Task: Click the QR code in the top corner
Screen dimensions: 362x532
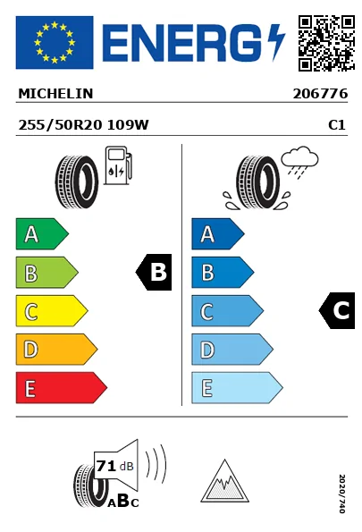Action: [x=326, y=43]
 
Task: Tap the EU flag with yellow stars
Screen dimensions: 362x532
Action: [x=55, y=42]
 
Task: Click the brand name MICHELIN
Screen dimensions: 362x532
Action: [x=55, y=94]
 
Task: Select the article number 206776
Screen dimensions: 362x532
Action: [x=320, y=94]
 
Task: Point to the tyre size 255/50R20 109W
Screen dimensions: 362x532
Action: [x=83, y=125]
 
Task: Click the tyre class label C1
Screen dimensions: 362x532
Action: [x=337, y=125]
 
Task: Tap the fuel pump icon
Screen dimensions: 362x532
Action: [x=118, y=165]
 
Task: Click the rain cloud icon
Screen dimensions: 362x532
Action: [x=299, y=162]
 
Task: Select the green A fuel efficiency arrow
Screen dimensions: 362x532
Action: [x=42, y=233]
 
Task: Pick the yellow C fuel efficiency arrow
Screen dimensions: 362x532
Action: [x=52, y=311]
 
